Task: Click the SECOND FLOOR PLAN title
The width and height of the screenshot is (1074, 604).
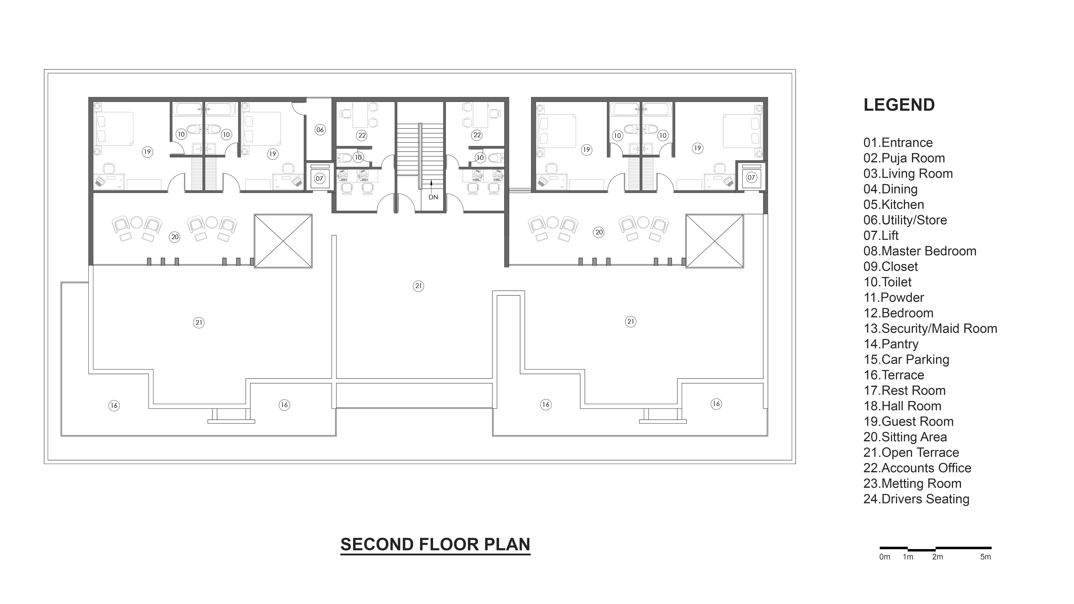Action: tap(435, 544)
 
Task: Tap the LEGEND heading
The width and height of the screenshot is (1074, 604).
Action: tap(899, 105)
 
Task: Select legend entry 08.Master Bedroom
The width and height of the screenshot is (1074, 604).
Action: tap(920, 251)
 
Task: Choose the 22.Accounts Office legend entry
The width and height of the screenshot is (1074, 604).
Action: tap(917, 468)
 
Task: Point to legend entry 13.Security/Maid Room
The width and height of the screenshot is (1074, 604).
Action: tap(930, 329)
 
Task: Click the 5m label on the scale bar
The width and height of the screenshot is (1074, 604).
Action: tap(986, 557)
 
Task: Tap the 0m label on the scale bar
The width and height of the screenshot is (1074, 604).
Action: tap(885, 557)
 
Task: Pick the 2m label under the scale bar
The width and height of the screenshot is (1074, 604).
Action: tap(938, 557)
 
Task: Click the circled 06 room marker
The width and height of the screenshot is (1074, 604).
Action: tap(320, 130)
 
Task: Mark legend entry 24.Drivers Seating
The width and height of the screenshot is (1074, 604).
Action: tap(916, 499)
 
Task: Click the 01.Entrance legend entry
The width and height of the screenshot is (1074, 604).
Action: tap(898, 143)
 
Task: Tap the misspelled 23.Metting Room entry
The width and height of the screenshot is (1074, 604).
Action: tap(913, 483)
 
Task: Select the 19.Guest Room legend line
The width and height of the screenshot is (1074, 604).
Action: tap(909, 421)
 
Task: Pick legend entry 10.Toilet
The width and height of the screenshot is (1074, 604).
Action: tap(888, 282)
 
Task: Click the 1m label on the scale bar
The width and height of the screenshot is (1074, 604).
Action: tap(908, 557)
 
